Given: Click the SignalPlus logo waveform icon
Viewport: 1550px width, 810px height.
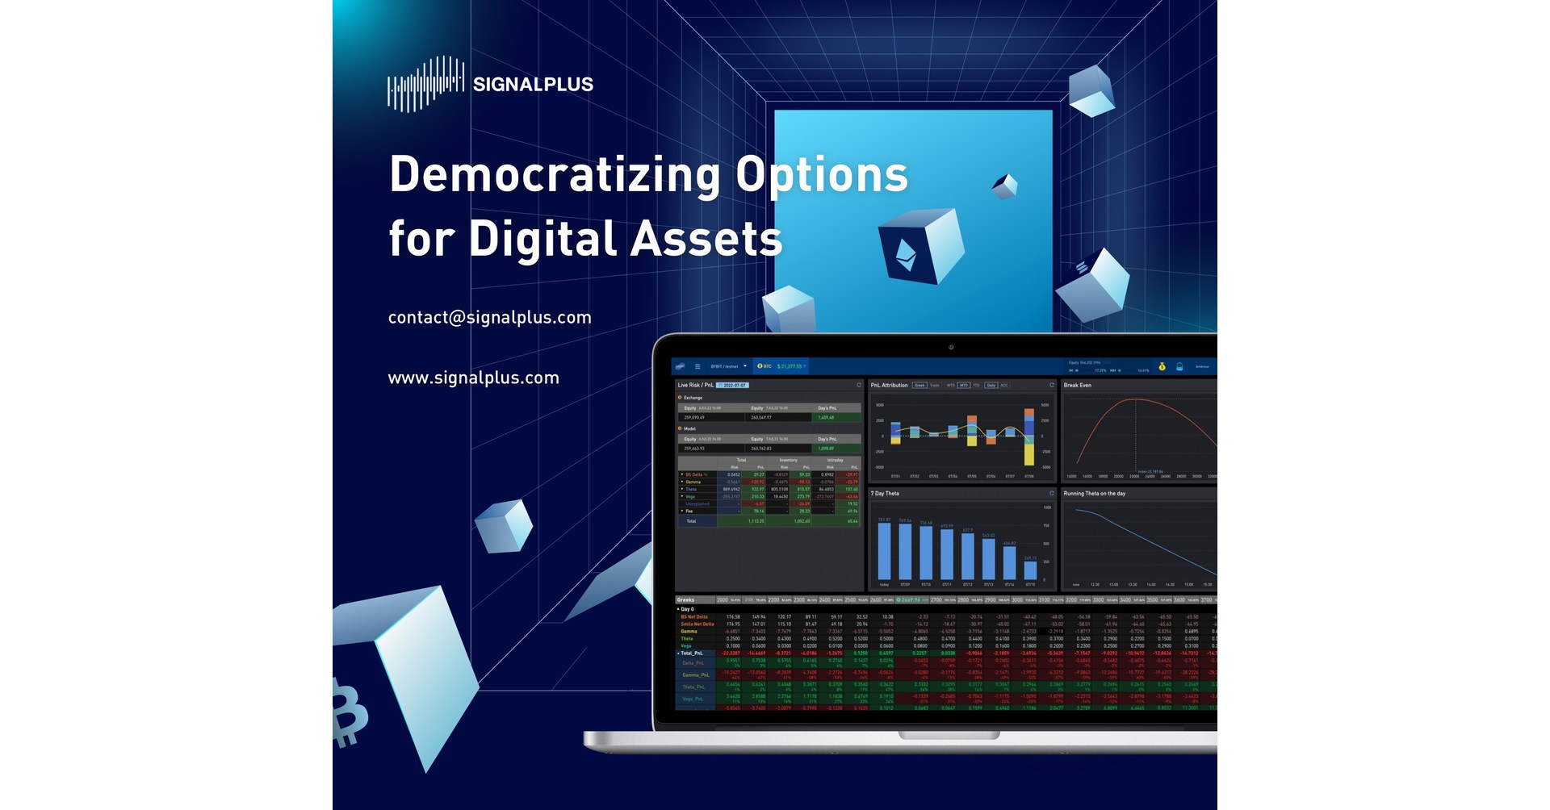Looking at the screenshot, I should pos(425,83).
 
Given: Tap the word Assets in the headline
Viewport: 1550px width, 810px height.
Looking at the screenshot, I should pos(706,239).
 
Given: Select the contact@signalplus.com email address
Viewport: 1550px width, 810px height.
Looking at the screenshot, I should pos(489,318).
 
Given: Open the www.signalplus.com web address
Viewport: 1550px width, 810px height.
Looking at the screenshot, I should pos(473,378).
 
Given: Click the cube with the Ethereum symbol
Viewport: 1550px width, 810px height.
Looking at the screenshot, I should pos(920,248).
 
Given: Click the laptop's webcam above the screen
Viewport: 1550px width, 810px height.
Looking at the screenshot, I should pos(951,347).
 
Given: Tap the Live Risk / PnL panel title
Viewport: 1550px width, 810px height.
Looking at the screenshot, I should pos(695,386).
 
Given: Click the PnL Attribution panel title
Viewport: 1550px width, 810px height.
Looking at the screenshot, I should pos(889,386).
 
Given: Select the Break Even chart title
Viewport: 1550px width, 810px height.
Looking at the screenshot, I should pos(1077,386).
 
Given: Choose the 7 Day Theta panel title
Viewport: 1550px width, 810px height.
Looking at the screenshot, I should pos(885,494).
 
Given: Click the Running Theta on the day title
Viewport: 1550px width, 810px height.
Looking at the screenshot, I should pos(1094,494).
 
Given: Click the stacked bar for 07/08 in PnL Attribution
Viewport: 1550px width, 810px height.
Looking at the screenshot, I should pos(1028,436).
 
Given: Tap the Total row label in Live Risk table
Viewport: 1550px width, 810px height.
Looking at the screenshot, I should pos(691,521).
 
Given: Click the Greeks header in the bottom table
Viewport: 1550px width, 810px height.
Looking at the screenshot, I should pos(685,600).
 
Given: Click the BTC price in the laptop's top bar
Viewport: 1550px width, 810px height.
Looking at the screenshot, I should pos(790,366).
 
